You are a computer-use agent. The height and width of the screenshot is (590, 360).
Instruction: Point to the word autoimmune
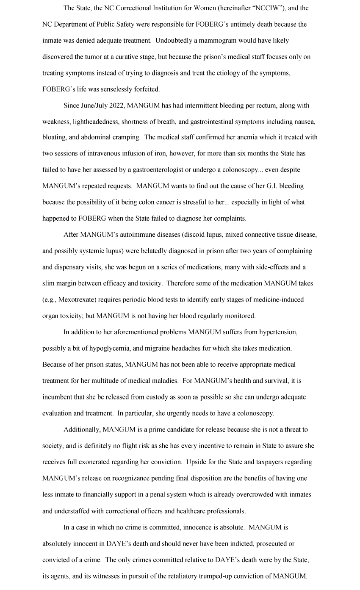(131, 235)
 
